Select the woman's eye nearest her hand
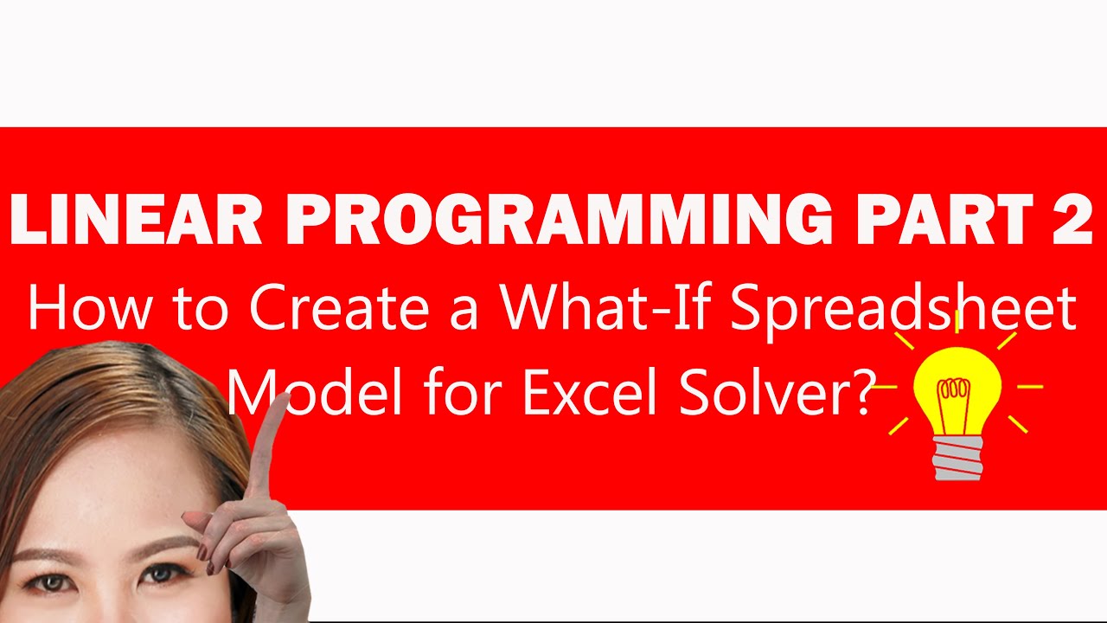[x=161, y=573]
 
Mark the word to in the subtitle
[x=199, y=308]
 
